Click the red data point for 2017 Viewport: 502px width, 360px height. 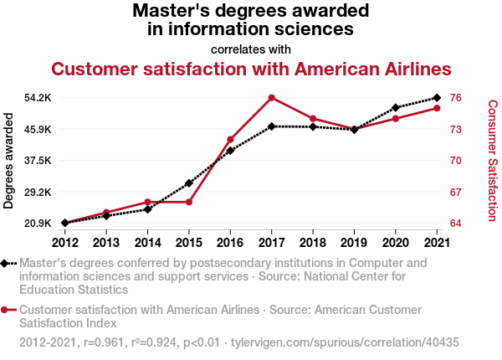pyautogui.click(x=272, y=98)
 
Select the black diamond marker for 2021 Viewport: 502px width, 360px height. pyautogui.click(x=437, y=98)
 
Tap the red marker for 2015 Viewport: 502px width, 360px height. pyautogui.click(x=189, y=202)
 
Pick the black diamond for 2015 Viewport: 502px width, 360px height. pyautogui.click(x=189, y=183)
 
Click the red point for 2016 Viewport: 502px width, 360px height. pyautogui.click(x=230, y=139)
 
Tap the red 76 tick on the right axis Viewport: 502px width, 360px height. pyautogui.click(x=456, y=98)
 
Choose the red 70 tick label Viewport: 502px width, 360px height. pyautogui.click(x=456, y=161)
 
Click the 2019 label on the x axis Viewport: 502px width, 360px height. pyautogui.click(x=354, y=243)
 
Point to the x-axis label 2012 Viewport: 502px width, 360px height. pyautogui.click(x=64, y=243)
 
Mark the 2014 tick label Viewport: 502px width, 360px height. pyautogui.click(x=147, y=243)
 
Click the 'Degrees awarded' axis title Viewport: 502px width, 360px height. pyautogui.click(x=9, y=161)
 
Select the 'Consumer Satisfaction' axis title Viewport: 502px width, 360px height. pyautogui.click(x=492, y=161)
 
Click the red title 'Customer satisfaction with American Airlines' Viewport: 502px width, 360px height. pyautogui.click(x=251, y=69)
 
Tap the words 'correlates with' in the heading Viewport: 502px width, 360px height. pyautogui.click(x=251, y=49)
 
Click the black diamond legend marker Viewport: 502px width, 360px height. pyautogui.click(x=6, y=263)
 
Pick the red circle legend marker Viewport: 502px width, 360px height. pyautogui.click(x=6, y=310)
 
